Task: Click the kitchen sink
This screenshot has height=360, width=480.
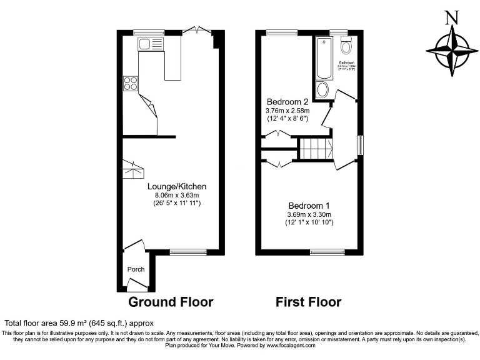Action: (x=151, y=44)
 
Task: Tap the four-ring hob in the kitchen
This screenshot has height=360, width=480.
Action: (x=131, y=84)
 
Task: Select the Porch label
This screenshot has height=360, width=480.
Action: (x=136, y=269)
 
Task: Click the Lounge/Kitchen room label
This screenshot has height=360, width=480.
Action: (x=177, y=186)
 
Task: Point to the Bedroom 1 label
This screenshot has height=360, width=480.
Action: (x=309, y=206)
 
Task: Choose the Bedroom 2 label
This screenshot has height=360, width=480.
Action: (x=287, y=102)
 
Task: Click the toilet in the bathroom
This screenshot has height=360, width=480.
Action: (x=346, y=47)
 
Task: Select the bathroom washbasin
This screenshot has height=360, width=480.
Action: (x=322, y=89)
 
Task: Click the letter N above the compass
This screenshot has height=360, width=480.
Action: (x=449, y=18)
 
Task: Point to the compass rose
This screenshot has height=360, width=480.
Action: (x=448, y=49)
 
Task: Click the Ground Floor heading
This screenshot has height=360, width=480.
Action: (x=171, y=302)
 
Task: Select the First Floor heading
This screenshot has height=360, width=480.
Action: (x=309, y=302)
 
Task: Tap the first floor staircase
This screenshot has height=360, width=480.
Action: (x=315, y=149)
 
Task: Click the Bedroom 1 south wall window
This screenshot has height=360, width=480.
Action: (x=327, y=251)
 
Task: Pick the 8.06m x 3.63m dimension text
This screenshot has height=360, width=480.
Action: (x=177, y=195)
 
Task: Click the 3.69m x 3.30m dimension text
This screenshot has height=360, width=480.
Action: (x=309, y=214)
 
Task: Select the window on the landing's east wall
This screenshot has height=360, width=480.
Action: (x=360, y=144)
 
